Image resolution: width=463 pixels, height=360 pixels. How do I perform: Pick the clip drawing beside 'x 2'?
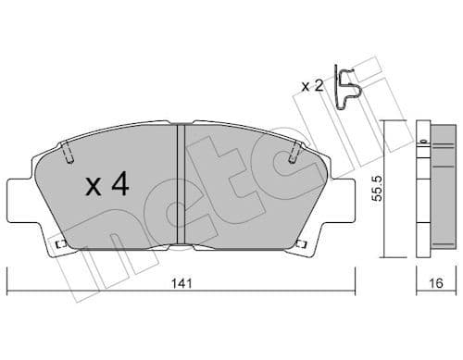[x=348, y=90]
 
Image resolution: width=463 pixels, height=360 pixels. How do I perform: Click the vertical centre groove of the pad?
[x=181, y=185]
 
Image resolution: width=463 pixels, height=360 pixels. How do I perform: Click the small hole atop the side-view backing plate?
[x=422, y=140]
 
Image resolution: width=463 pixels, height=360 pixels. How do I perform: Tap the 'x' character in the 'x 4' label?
[x=94, y=188]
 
